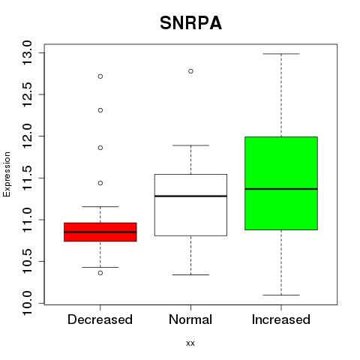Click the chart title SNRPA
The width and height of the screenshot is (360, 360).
[190, 23]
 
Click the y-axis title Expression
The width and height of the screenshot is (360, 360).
[7, 174]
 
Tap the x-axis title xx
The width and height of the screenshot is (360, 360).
[190, 343]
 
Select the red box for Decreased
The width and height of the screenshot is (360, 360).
[100, 232]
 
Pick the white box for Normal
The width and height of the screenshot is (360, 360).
[190, 205]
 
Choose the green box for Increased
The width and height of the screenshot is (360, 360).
[281, 183]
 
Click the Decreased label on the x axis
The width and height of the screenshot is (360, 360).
[100, 319]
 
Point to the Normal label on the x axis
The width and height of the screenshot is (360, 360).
[190, 319]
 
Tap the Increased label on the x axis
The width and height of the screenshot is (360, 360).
[281, 319]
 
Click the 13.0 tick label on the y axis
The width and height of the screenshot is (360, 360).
[27, 53]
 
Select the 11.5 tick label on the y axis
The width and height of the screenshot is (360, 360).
[27, 178]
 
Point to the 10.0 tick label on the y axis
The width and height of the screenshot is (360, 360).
[27, 303]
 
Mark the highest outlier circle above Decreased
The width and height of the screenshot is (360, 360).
[100, 76]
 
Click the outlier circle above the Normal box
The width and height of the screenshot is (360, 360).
[190, 71]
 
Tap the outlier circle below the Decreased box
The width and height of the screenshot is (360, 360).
[100, 273]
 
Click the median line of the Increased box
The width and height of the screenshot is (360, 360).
[281, 189]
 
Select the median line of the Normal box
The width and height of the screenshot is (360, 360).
[190, 196]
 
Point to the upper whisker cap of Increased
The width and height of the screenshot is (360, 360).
[281, 54]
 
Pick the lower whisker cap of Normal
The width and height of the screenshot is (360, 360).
[190, 274]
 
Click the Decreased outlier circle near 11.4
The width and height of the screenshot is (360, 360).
[100, 183]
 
